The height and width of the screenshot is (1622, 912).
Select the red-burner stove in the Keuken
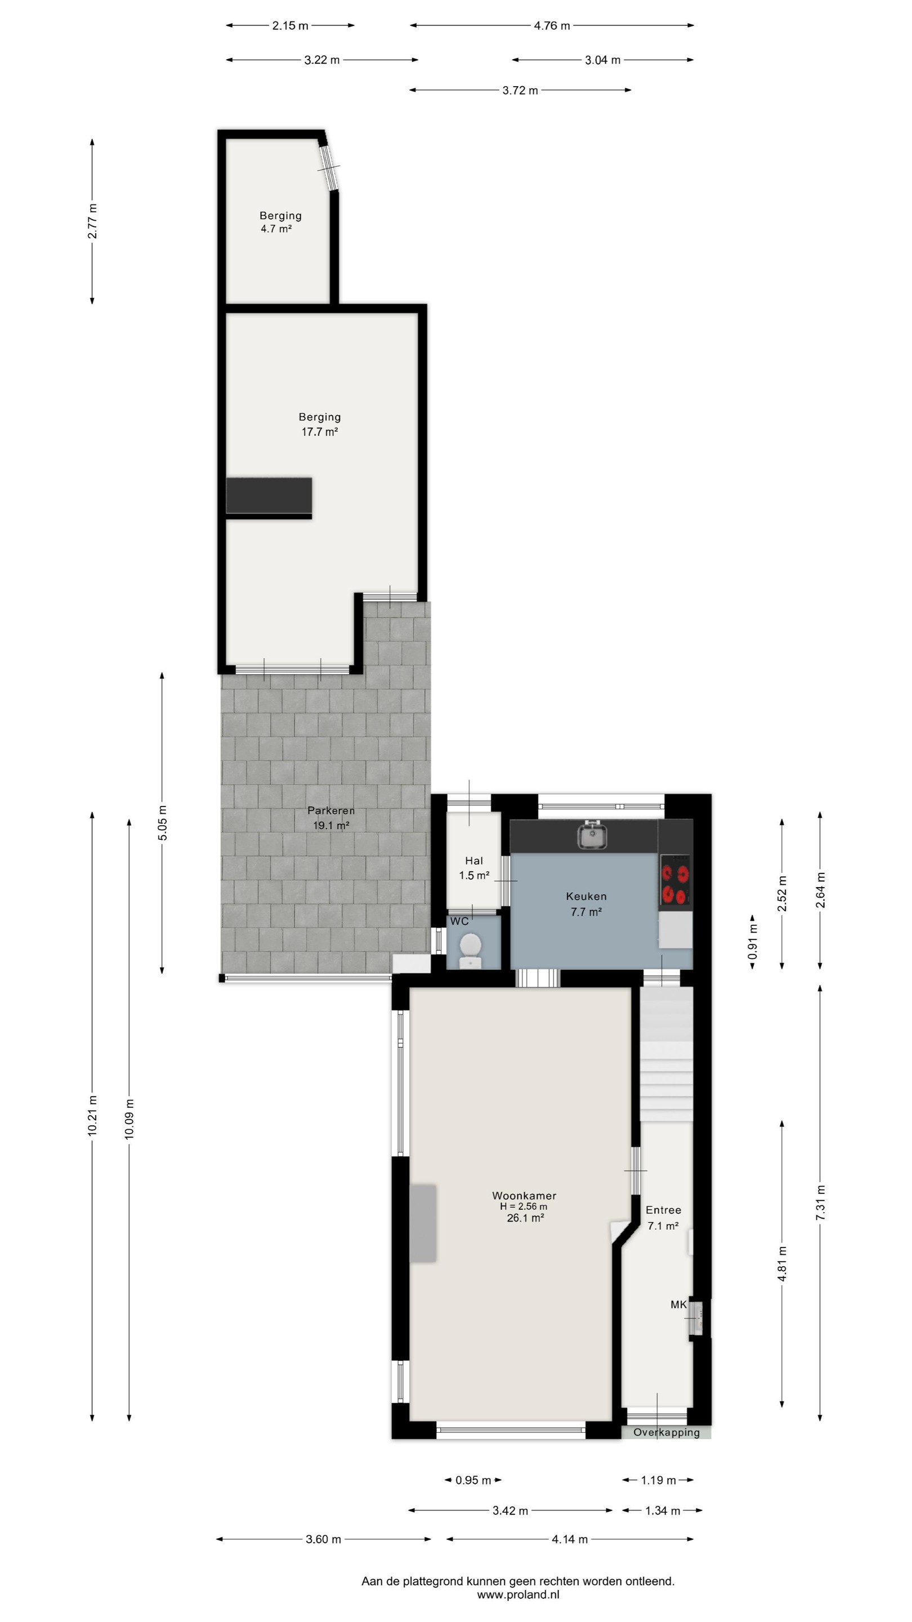(675, 880)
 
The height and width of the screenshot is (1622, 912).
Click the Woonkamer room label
(524, 1195)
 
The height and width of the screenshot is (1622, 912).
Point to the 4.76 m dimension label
(552, 26)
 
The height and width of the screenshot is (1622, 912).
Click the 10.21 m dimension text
(92, 1116)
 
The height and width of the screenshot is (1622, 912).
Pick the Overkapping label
(667, 1432)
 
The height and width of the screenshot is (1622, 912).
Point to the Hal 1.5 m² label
(474, 868)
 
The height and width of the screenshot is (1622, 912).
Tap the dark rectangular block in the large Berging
(269, 496)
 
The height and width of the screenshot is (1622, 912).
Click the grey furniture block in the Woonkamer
(423, 1223)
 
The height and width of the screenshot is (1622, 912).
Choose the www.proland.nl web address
(518, 1595)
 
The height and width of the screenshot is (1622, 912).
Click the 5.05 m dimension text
(162, 822)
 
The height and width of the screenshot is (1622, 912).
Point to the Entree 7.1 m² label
(663, 1218)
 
